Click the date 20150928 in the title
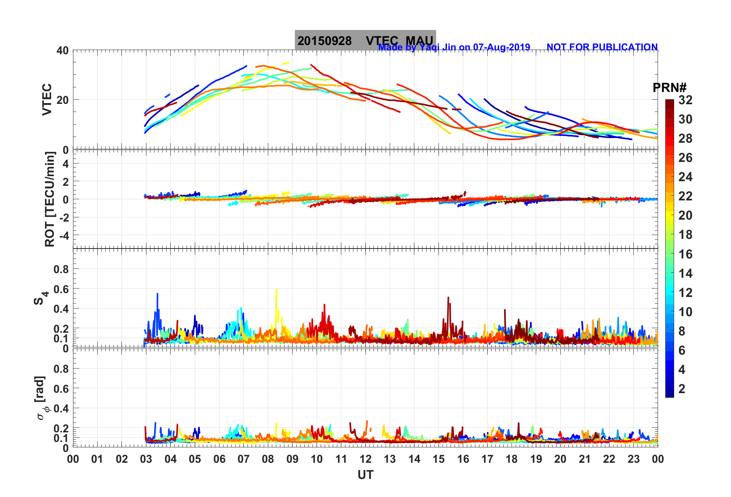324,41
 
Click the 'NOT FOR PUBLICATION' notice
602,47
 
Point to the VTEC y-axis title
47,99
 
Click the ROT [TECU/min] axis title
50,199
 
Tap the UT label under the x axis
365,475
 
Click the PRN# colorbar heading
670,88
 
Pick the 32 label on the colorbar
685,100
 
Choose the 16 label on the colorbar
685,254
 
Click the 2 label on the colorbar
682,389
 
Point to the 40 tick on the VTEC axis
62,51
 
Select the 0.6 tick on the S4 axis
61,289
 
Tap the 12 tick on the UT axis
365,459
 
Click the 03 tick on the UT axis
146,459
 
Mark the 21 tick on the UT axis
585,459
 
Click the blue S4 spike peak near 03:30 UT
157,294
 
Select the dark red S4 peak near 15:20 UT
448,298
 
